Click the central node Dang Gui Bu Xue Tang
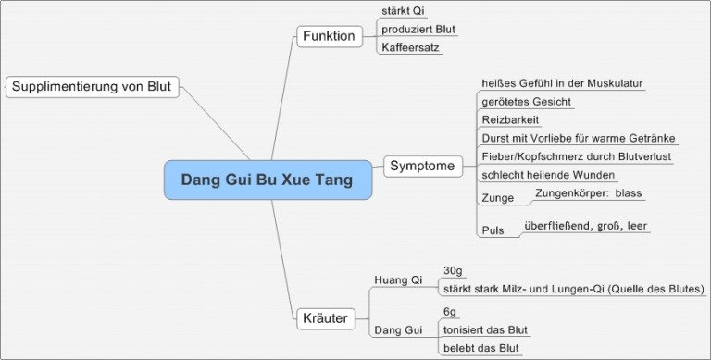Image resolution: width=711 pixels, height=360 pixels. [x=267, y=180]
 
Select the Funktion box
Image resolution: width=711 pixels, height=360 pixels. [x=329, y=36]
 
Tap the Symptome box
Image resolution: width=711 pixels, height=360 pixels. [x=422, y=167]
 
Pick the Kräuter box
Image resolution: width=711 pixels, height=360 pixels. [x=325, y=319]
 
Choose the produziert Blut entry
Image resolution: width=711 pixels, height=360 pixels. [x=418, y=30]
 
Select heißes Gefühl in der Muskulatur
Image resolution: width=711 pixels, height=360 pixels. [x=562, y=83]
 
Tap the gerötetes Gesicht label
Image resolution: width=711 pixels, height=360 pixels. [x=527, y=102]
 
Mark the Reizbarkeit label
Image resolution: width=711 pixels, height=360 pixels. [x=510, y=119]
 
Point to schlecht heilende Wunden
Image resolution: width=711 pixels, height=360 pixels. [x=549, y=175]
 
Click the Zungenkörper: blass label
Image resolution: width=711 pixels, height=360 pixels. [x=589, y=193]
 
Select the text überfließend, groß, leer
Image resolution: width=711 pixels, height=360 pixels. [x=586, y=225]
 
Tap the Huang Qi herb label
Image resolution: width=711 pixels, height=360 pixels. [x=398, y=279]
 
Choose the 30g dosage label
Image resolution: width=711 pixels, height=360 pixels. [x=453, y=270]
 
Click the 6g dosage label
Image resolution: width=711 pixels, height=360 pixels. [x=450, y=312]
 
